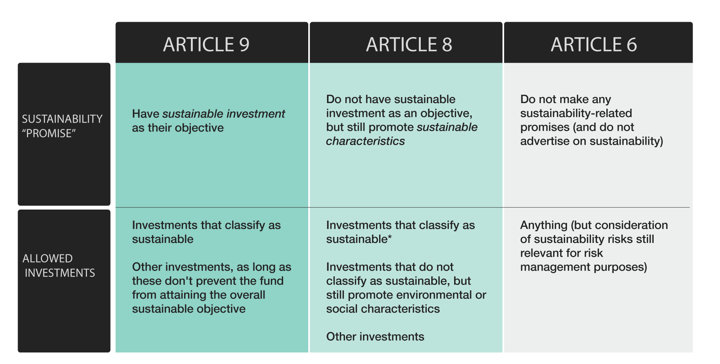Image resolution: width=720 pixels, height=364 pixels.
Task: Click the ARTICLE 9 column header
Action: (206, 45)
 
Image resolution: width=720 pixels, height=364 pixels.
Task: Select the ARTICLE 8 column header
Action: (409, 45)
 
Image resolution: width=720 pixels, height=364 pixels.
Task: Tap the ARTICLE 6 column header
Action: (594, 45)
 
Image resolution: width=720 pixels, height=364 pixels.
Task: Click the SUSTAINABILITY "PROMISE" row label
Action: (62, 126)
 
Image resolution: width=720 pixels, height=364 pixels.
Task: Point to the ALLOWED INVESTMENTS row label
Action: (58, 265)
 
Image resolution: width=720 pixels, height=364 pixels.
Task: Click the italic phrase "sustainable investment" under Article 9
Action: (223, 114)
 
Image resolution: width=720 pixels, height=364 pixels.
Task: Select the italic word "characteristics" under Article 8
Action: (365, 141)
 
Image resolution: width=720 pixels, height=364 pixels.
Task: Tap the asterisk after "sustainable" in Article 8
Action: (390, 238)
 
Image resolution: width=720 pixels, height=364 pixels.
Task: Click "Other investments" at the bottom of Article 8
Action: (375, 337)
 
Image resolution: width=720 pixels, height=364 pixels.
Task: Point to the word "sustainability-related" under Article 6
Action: (576, 113)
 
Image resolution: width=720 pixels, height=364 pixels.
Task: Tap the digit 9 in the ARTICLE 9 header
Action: (244, 45)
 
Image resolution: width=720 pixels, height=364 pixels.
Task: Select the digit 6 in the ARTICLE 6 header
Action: (632, 45)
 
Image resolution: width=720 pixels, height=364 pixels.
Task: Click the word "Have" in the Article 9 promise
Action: (145, 114)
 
